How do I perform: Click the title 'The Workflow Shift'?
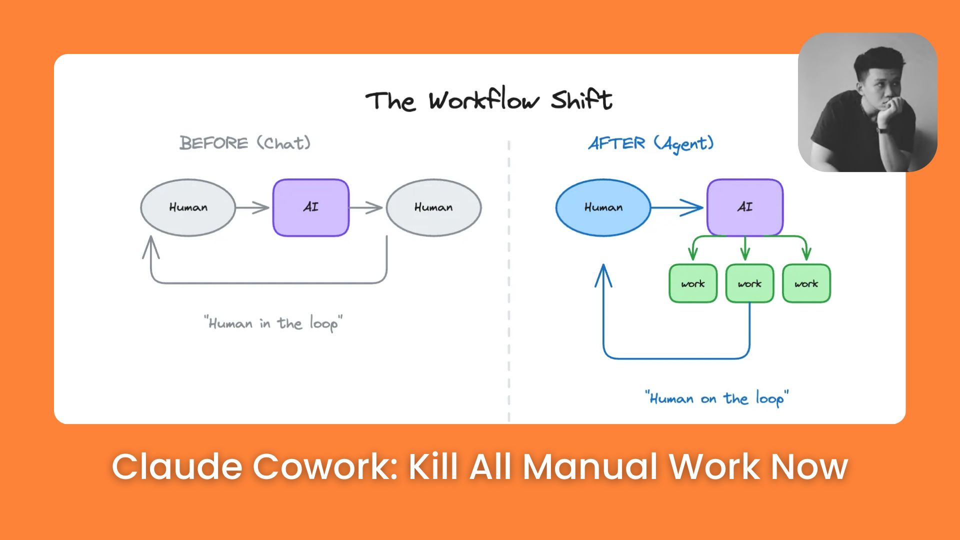tap(488, 100)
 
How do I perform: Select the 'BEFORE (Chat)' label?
tap(245, 143)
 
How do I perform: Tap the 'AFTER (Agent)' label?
tap(650, 144)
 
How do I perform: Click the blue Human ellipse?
tap(603, 207)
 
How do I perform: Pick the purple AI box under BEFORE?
tap(310, 207)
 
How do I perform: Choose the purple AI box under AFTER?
tap(744, 207)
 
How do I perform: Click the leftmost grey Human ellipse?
tap(188, 207)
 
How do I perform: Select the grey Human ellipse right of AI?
tap(433, 207)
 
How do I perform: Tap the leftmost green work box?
tap(693, 283)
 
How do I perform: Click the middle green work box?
tap(749, 283)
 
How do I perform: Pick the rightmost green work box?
tap(806, 283)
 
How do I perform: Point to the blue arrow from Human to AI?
tap(677, 207)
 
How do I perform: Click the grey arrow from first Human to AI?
tap(253, 207)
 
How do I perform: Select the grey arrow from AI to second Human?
tap(366, 207)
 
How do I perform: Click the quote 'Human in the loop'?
tap(273, 323)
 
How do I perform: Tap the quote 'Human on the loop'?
tap(716, 398)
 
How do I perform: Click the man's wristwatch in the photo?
tap(883, 130)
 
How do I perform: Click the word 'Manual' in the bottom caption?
tap(590, 466)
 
